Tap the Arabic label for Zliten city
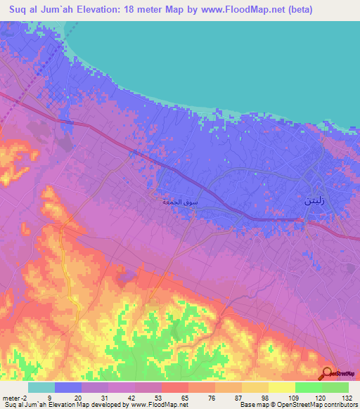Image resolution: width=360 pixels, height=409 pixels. click(314, 200)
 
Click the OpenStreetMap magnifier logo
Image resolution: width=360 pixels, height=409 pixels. click(328, 373)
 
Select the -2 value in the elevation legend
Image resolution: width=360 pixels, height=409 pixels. click(23, 397)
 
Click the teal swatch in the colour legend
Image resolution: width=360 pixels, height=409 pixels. click(41, 387)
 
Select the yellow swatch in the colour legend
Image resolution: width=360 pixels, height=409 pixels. click(281, 387)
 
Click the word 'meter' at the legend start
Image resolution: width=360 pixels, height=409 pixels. click(11, 397)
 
